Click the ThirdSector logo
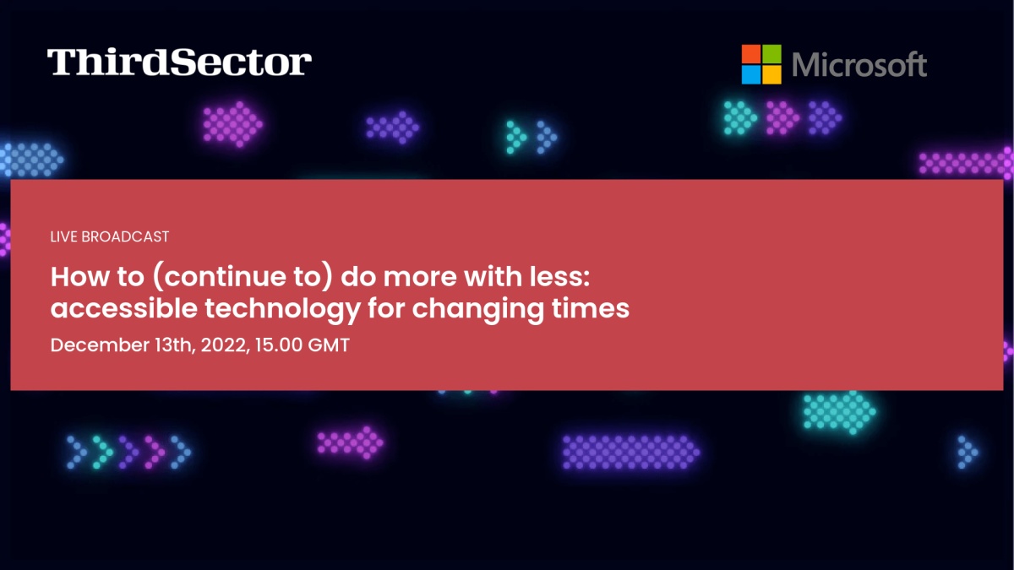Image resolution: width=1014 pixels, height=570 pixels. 179,62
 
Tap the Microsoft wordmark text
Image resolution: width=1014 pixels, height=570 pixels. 859,65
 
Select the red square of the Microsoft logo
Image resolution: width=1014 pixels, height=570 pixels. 751,54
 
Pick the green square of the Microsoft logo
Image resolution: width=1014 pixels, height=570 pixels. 771,54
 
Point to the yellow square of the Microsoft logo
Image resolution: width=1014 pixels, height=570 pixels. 771,74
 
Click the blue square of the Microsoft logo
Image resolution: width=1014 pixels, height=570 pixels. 751,74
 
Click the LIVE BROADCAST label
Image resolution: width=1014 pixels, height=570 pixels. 110,236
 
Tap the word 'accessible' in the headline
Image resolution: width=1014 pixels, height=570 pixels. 124,308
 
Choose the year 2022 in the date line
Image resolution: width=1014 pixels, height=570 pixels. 225,345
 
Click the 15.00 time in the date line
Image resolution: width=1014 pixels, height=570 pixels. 278,345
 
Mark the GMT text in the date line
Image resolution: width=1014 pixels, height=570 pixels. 329,345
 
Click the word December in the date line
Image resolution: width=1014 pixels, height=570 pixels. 100,345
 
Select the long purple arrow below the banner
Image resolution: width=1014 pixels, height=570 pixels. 631,452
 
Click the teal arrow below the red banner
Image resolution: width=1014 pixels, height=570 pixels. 840,413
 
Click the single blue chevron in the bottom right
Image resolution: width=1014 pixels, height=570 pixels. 968,452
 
